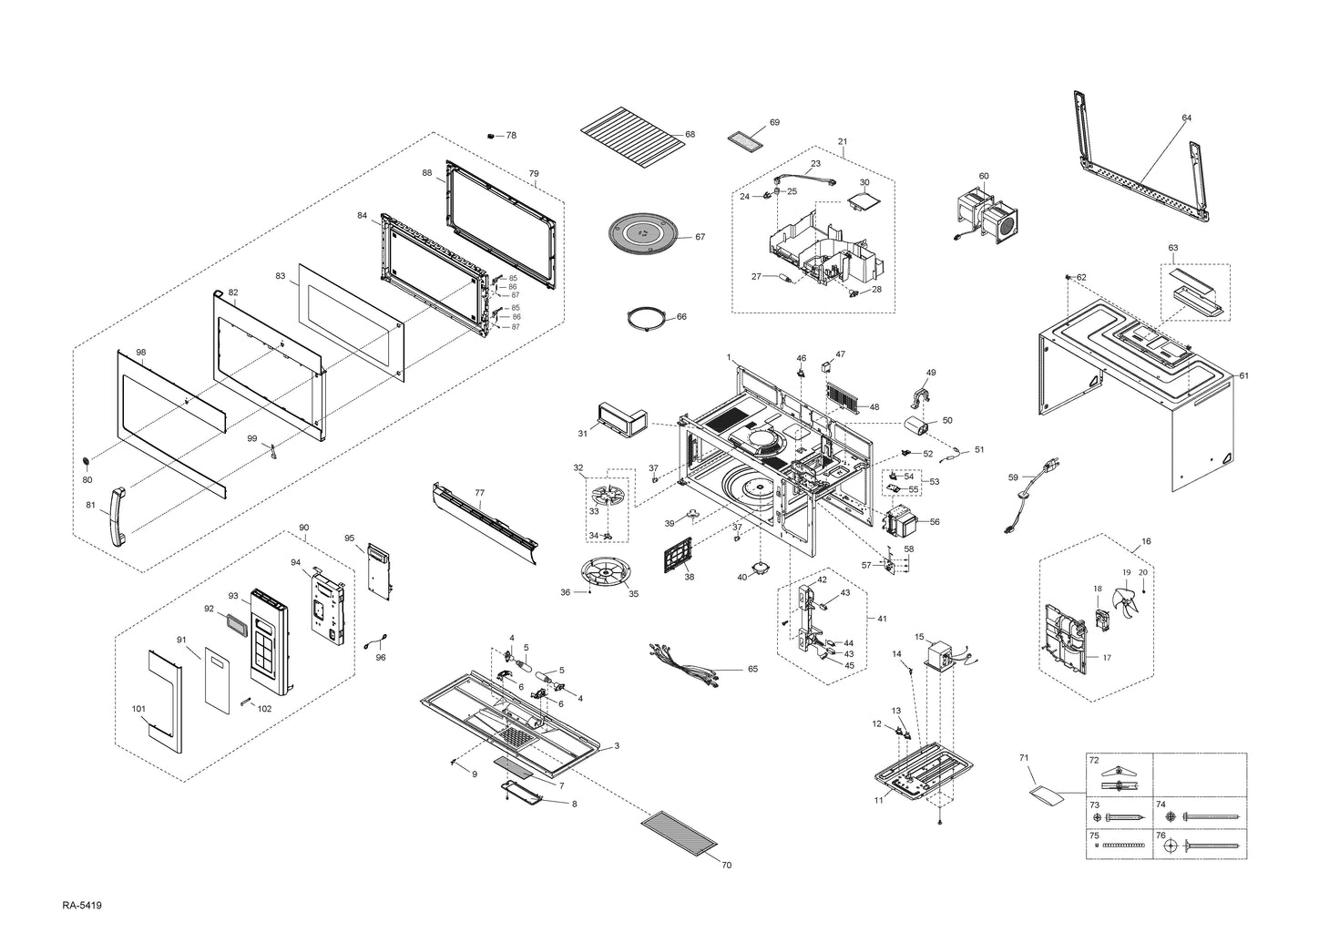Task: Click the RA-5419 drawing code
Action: pyautogui.click(x=82, y=906)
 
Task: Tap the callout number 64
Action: pyautogui.click(x=1186, y=118)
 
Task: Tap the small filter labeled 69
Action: pyautogui.click(x=746, y=142)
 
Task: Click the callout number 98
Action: pyautogui.click(x=140, y=352)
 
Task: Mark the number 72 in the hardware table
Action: pyautogui.click(x=1095, y=759)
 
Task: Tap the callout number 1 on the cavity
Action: pyautogui.click(x=729, y=355)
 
